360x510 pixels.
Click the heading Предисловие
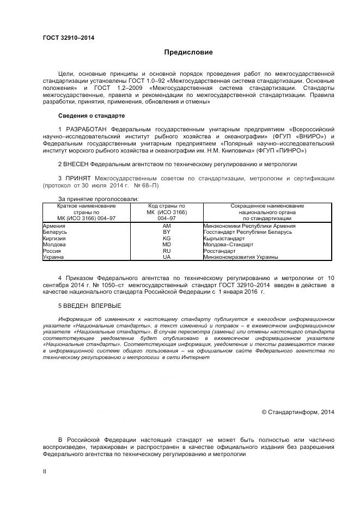188,52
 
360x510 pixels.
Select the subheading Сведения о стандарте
91,116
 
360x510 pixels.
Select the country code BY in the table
167,232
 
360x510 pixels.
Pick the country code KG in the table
167,238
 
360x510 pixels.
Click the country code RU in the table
167,251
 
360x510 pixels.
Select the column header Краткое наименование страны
87,212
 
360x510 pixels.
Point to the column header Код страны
167,212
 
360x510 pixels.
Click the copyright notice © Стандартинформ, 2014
298,412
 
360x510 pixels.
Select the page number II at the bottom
45,471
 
